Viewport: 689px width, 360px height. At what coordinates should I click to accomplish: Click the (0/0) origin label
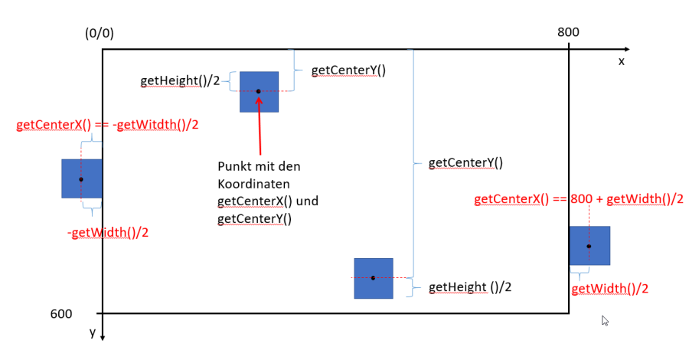[x=100, y=34]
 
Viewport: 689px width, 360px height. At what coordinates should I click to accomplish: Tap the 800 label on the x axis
[x=569, y=32]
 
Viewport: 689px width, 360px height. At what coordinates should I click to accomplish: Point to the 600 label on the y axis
[x=61, y=313]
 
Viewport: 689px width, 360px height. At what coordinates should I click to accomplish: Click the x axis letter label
[x=621, y=61]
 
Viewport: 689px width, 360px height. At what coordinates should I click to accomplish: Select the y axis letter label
[x=92, y=332]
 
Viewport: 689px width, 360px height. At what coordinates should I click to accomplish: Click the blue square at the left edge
[x=82, y=178]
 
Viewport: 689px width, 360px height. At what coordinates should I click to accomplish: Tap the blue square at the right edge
[x=589, y=246]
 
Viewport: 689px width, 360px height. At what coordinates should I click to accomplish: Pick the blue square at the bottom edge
[x=373, y=278]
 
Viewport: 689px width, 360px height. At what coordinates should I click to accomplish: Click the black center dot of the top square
[x=259, y=91]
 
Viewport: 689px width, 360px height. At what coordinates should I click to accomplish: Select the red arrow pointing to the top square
[x=260, y=126]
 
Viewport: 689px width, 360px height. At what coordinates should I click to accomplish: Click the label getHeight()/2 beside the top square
[x=181, y=81]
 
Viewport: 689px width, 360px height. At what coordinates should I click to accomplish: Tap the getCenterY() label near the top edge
[x=348, y=70]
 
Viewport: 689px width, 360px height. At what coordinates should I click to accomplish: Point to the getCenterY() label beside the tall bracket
[x=465, y=162]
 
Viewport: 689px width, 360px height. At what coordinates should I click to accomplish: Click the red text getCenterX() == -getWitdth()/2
[x=107, y=125]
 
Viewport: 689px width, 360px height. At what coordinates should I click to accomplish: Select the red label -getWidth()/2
[x=108, y=232]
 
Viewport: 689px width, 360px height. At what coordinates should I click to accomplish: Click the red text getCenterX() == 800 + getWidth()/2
[x=579, y=199]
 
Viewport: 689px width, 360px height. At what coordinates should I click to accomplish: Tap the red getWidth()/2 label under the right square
[x=610, y=289]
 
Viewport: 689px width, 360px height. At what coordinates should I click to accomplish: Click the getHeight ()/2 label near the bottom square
[x=470, y=287]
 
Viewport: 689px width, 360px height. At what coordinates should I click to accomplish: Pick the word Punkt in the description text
[x=233, y=166]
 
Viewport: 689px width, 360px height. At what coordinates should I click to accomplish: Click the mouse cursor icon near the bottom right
[x=605, y=321]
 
